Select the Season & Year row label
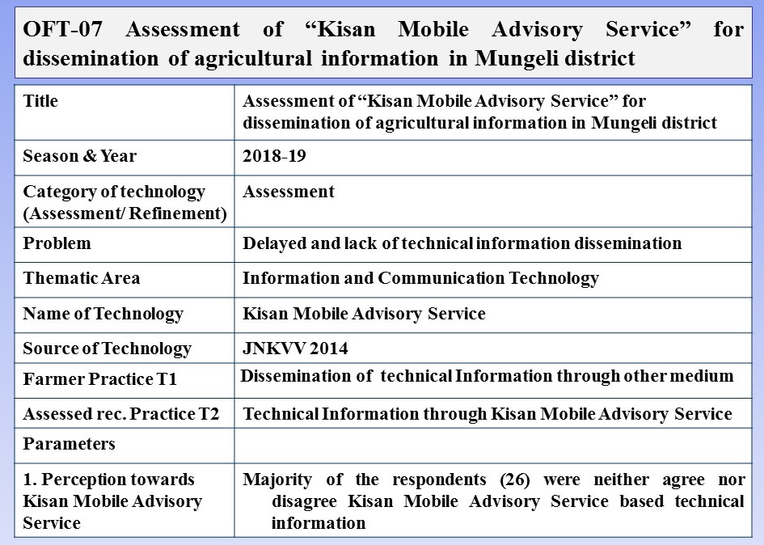[x=79, y=157]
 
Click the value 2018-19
[x=274, y=157]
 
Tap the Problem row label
[x=57, y=243]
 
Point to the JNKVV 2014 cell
[x=295, y=349]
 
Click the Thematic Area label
[x=81, y=278]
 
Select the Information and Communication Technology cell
[x=420, y=278]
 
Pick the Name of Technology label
[x=103, y=314]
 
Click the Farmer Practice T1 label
[x=99, y=378]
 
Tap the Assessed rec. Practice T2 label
[x=120, y=414]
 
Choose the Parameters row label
[x=69, y=444]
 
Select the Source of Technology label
[x=107, y=349]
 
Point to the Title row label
[x=40, y=102]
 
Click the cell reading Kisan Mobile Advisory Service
[x=364, y=314]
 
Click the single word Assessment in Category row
[x=288, y=192]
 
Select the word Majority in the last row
[x=276, y=479]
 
